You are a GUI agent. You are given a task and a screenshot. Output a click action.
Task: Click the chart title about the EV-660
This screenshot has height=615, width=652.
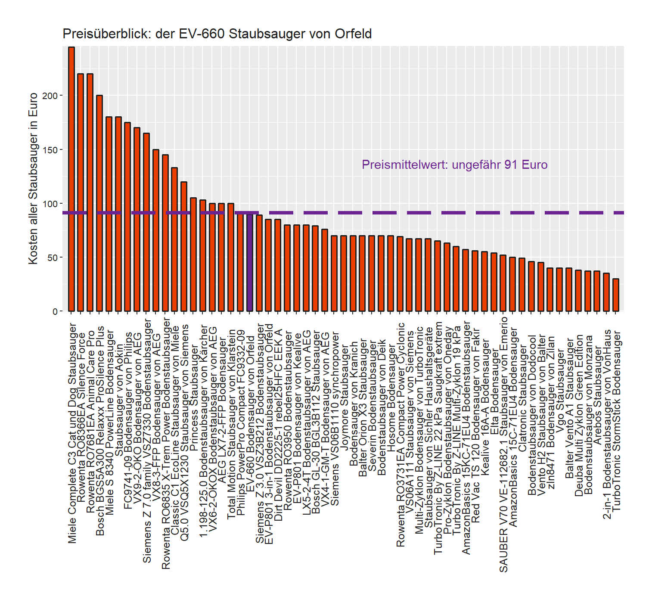(217, 34)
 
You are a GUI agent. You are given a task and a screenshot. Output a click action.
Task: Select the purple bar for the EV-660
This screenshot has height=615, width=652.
(250, 262)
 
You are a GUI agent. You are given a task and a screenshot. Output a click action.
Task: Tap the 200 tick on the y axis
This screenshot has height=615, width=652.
(50, 96)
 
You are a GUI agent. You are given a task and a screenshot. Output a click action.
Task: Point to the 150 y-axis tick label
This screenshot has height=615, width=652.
(50, 150)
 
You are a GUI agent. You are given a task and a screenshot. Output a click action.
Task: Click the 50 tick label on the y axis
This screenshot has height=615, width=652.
(52, 258)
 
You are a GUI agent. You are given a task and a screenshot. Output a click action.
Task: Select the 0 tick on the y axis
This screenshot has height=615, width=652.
(55, 311)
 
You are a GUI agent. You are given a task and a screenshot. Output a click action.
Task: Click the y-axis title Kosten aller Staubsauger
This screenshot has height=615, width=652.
(33, 178)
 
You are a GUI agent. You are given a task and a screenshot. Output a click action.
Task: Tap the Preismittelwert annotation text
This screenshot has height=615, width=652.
(454, 165)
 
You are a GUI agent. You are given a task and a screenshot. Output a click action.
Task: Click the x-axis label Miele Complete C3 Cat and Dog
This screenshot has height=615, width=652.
(72, 433)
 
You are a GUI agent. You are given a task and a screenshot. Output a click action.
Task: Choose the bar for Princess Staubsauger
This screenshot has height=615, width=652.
(193, 255)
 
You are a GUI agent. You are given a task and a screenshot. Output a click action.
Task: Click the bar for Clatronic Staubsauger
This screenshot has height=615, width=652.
(522, 285)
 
